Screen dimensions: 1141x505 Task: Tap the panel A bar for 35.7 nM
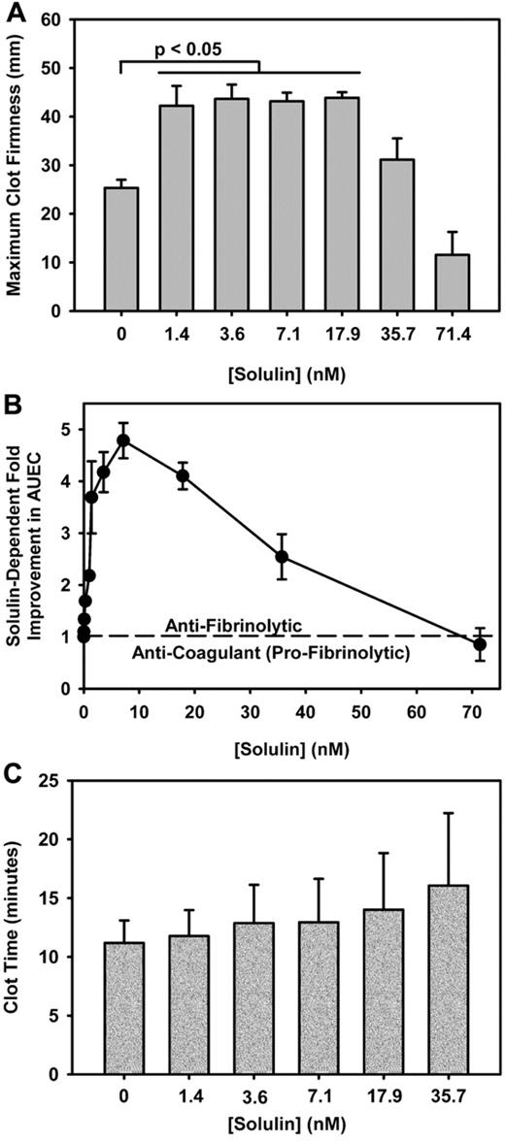398,248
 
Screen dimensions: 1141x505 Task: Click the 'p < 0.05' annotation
189,46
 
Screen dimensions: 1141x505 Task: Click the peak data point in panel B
123,440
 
